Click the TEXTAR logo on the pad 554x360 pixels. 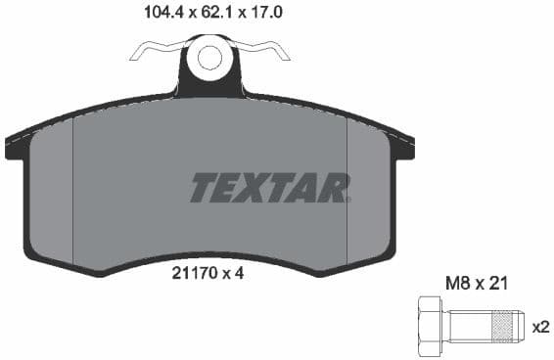tap(270, 187)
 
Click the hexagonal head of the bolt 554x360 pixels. tap(429, 322)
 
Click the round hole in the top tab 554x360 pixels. tap(209, 57)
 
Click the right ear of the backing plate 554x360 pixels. tap(401, 147)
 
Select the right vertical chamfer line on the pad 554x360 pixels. tap(348, 186)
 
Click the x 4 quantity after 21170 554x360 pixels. tap(232, 274)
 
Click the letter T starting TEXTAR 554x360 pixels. tap(203, 187)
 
